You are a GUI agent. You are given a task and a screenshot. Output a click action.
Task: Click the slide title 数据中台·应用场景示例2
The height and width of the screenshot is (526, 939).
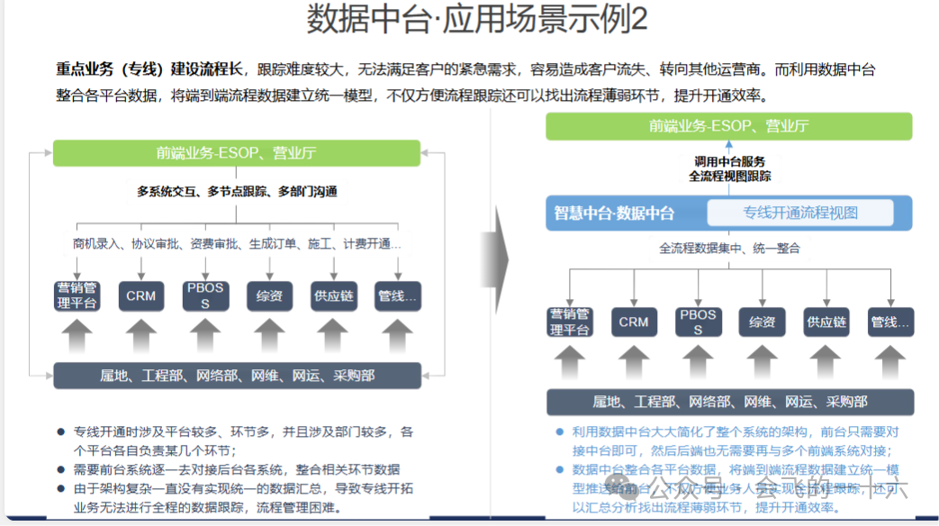click(x=476, y=20)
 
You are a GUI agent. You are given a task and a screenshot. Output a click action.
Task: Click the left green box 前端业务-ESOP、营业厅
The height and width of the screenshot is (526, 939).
click(x=236, y=153)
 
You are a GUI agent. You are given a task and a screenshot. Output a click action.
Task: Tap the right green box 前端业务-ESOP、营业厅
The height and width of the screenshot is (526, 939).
click(x=728, y=126)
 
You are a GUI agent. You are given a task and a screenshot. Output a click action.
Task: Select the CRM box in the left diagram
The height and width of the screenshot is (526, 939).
click(x=140, y=296)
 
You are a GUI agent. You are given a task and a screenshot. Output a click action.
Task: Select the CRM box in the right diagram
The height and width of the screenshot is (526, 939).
click(x=633, y=322)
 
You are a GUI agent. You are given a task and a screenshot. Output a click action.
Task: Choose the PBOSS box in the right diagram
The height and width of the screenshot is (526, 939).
click(x=698, y=322)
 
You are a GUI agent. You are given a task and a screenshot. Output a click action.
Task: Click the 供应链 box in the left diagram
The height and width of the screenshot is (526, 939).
click(x=333, y=296)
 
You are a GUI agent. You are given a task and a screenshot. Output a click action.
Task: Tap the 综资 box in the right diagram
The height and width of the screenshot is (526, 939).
click(x=762, y=322)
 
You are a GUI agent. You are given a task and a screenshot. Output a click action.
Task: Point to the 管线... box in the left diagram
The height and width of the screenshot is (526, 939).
click(x=397, y=296)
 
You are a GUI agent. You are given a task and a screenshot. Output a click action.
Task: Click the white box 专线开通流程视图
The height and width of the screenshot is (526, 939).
click(x=799, y=213)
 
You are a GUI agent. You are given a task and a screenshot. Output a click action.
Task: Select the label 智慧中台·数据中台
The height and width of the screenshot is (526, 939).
click(x=614, y=213)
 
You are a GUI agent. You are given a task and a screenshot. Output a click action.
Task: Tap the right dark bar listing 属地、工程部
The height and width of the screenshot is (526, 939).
click(x=729, y=402)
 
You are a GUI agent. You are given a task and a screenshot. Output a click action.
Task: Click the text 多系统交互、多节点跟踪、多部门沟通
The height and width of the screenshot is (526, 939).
click(x=237, y=191)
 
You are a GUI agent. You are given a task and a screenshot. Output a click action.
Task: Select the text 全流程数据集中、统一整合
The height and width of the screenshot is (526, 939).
click(x=729, y=248)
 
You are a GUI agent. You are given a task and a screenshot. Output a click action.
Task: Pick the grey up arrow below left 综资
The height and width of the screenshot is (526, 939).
click(x=269, y=336)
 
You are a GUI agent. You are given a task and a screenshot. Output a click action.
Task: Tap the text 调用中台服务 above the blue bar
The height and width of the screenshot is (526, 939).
click(x=729, y=160)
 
